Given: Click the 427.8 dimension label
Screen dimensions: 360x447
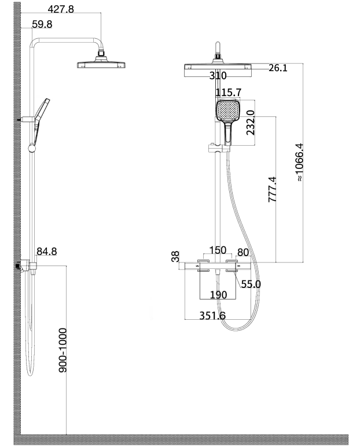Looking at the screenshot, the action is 61,9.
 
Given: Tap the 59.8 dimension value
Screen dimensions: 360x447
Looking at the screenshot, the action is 42,24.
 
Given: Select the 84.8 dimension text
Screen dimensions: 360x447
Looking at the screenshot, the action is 47,252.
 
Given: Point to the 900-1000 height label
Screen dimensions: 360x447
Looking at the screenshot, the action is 63,350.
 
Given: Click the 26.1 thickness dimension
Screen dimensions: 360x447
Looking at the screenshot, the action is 278,68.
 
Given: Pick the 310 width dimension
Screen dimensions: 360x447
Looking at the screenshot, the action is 218,76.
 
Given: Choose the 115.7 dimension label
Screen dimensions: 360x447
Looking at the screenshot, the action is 228,93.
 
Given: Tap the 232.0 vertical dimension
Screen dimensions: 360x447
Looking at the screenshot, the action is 250,123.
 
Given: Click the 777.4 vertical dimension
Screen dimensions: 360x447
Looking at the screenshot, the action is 272,190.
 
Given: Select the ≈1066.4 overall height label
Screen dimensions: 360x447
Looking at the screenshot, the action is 299,162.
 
